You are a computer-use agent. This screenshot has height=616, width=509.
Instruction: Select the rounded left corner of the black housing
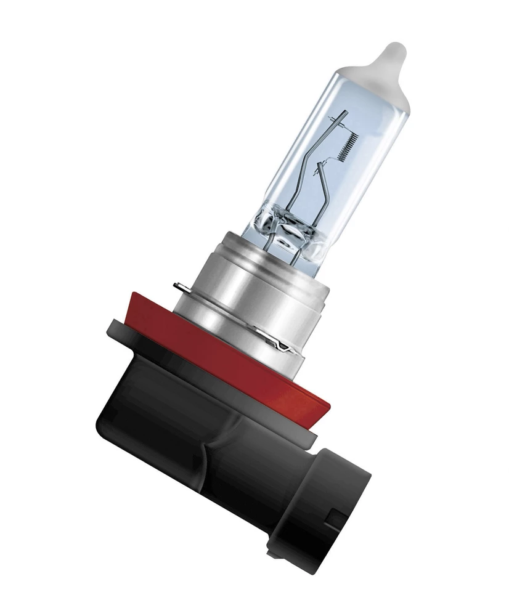(x=105, y=425)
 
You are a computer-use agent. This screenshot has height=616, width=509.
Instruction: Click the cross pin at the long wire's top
(x=335, y=114)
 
